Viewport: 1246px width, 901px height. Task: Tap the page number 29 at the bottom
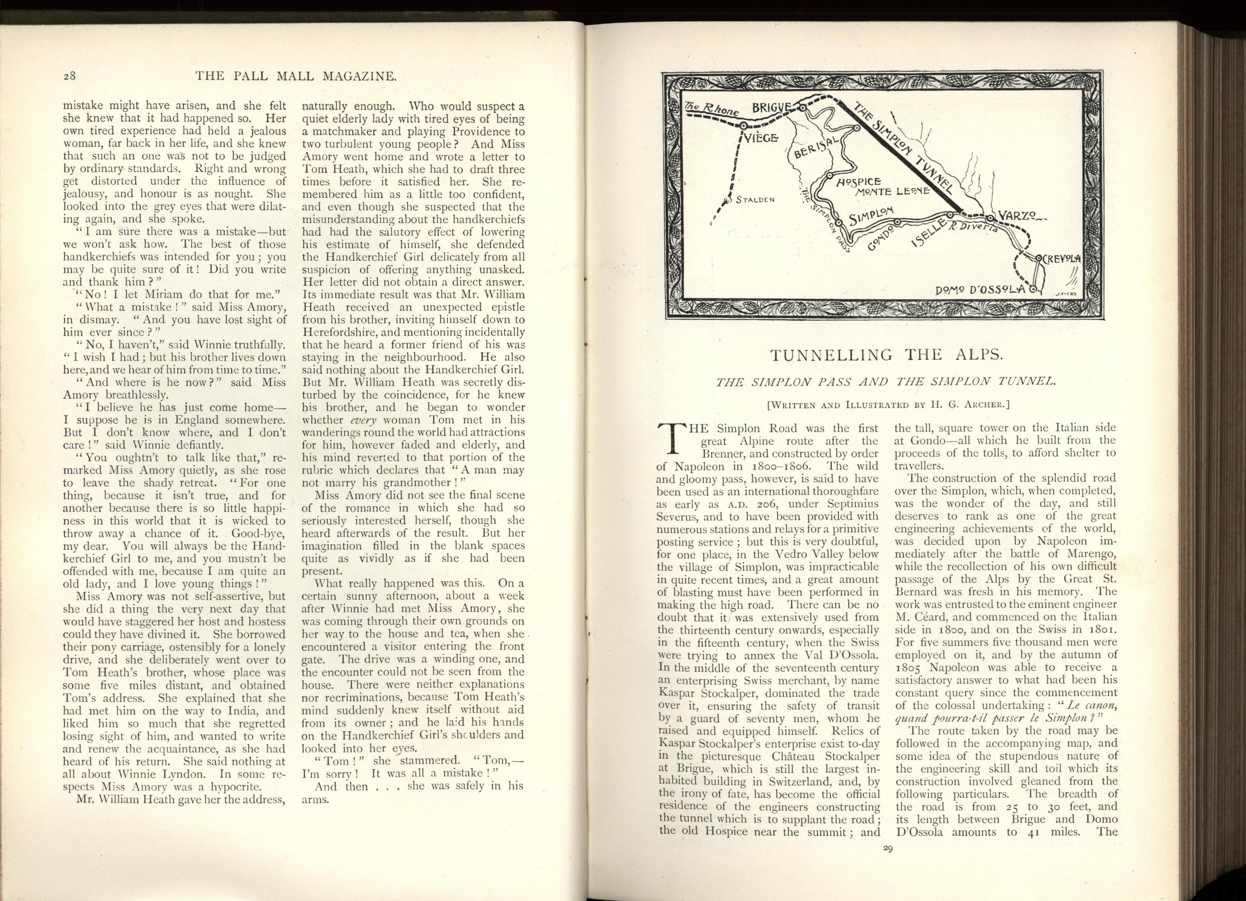[888, 848]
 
